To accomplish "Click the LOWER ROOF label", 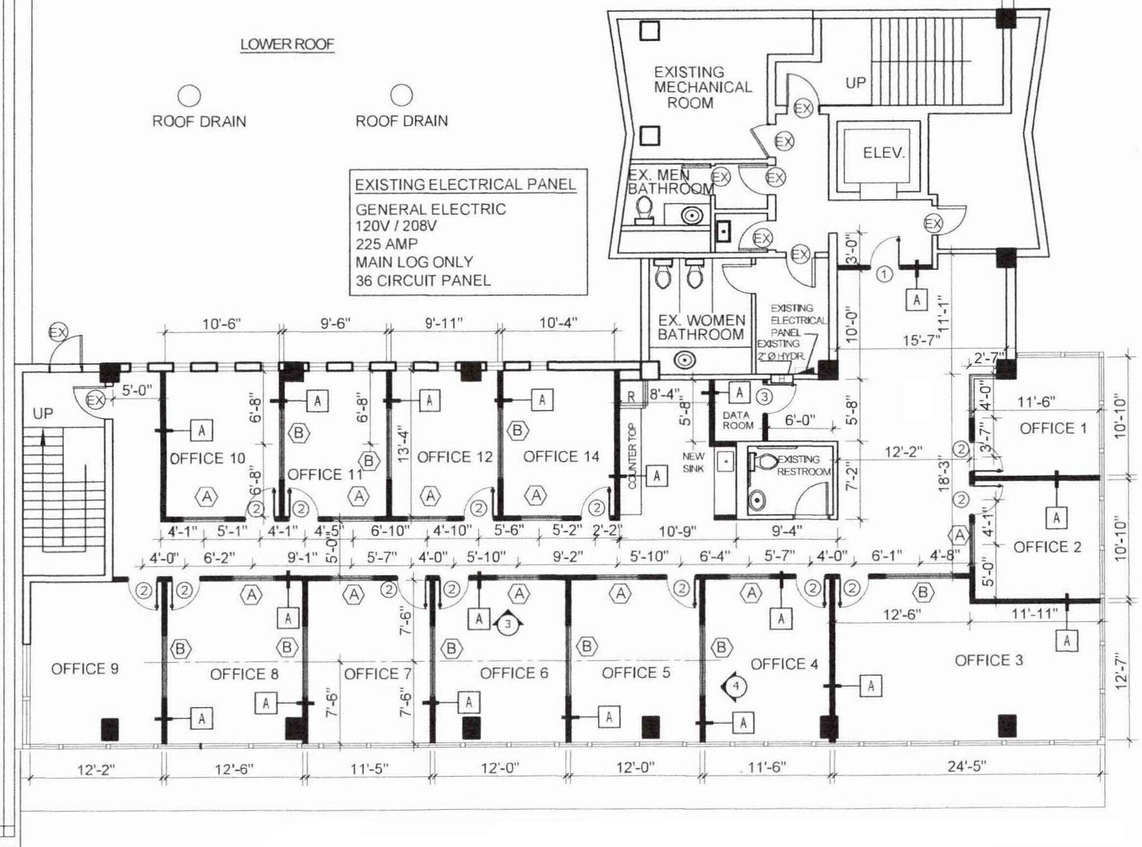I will pos(287,44).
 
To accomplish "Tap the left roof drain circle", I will pos(189,96).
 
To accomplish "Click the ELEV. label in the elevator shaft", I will pos(883,152).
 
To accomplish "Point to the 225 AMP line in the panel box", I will pos(386,244).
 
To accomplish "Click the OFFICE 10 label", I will pos(207,458).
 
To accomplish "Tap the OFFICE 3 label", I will pos(989,660).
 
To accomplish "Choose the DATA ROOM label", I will pos(737,420).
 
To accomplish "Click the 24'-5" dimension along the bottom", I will pos(966,766).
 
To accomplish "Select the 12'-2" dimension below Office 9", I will pos(96,769).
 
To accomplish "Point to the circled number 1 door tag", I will pos(884,274).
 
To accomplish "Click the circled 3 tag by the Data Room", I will pos(764,396).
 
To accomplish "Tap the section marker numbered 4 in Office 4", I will pos(735,685).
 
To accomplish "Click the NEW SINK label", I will pos(693,462).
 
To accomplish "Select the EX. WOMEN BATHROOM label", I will pos(701,327).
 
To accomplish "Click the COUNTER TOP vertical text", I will pos(632,456).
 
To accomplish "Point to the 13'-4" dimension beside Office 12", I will pos(403,446).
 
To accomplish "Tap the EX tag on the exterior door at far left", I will pos(58,333).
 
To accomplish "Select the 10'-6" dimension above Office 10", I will pos(221,324).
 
